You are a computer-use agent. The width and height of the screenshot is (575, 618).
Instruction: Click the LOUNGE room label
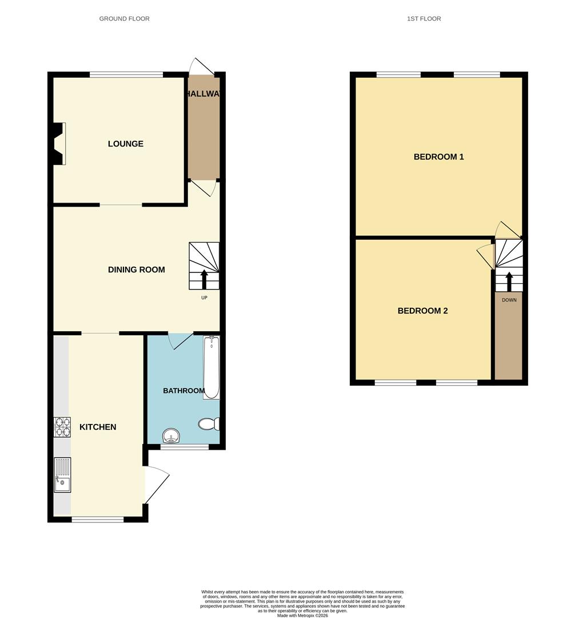[125, 144]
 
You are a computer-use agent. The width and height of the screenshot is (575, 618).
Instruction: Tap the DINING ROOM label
[136, 270]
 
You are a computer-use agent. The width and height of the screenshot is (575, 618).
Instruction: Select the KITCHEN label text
[98, 427]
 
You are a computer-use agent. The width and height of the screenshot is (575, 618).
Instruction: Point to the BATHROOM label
[183, 391]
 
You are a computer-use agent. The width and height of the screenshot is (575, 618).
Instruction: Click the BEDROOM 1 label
[438, 156]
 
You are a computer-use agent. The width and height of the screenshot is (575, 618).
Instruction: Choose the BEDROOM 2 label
[422, 311]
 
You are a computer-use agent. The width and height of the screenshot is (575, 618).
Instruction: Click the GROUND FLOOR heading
[124, 19]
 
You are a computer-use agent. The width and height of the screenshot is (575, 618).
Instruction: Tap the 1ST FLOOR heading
[424, 19]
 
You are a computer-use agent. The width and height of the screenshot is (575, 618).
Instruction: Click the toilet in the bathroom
[209, 424]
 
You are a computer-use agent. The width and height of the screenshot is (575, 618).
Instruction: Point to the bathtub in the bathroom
[211, 367]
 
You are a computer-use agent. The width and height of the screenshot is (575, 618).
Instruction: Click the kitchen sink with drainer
[62, 475]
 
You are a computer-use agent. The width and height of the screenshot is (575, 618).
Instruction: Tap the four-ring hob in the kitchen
[62, 427]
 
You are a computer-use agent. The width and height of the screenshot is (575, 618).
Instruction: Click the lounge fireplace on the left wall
[58, 144]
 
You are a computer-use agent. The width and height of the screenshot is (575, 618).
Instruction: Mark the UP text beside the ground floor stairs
[204, 298]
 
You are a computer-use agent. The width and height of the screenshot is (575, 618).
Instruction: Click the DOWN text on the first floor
[509, 300]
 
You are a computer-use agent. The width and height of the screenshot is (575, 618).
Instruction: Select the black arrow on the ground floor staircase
[204, 280]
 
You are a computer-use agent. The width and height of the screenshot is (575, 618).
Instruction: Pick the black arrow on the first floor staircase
[509, 282]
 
